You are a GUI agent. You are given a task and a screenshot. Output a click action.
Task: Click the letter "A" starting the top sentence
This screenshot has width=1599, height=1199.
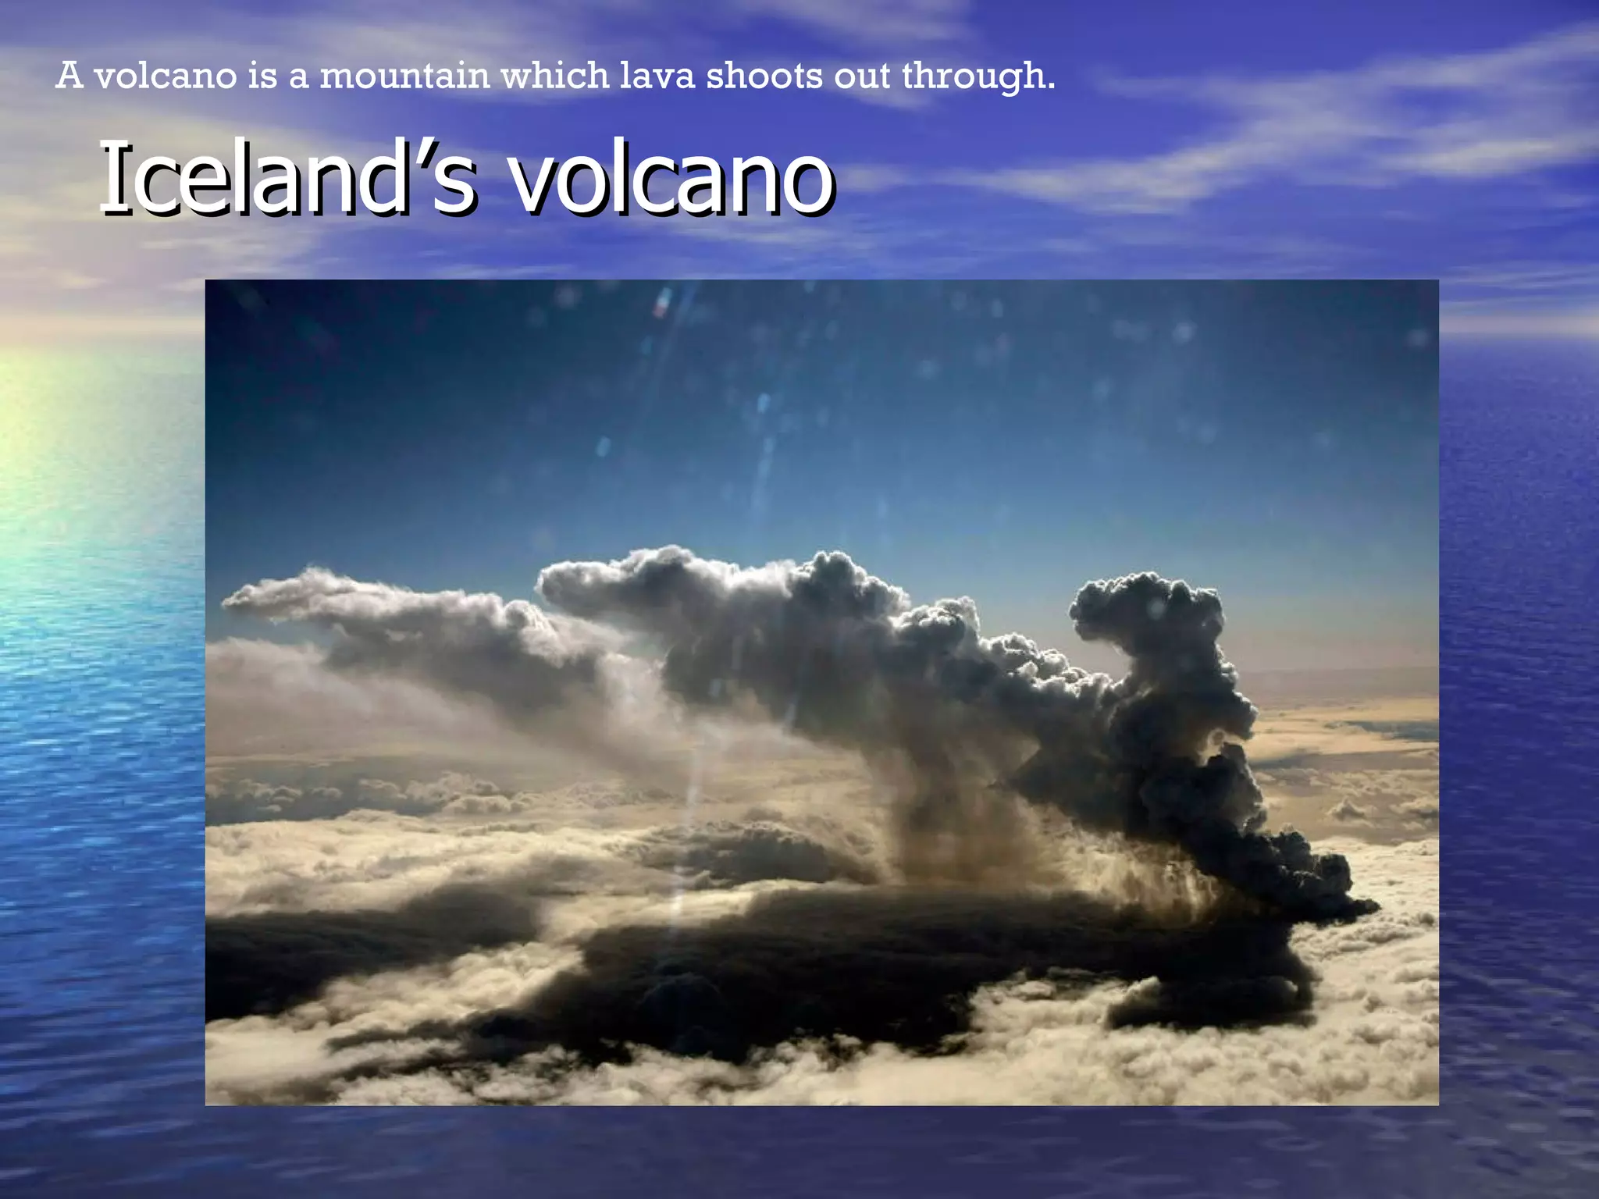69,76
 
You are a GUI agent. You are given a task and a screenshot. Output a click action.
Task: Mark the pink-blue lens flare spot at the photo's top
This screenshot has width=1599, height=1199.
663,302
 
